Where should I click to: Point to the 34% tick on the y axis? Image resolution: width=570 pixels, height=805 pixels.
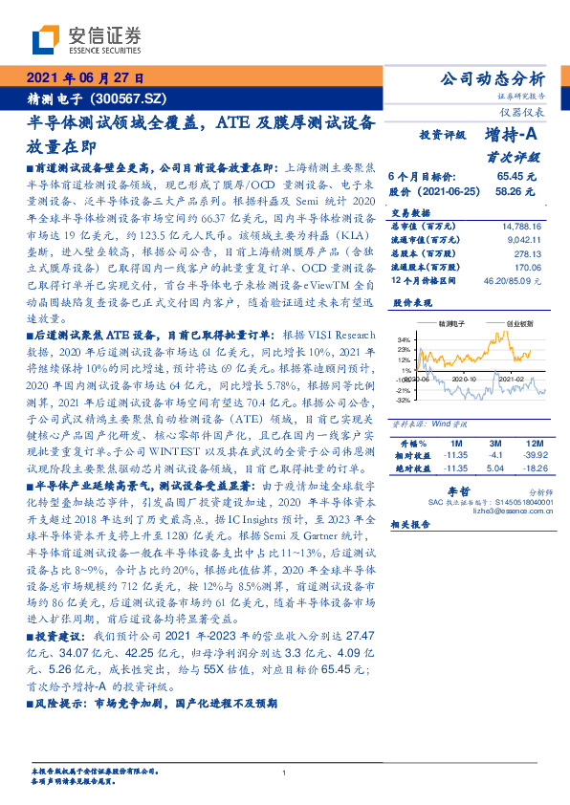tap(403, 339)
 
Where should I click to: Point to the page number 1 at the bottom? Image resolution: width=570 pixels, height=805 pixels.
tap(284, 772)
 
